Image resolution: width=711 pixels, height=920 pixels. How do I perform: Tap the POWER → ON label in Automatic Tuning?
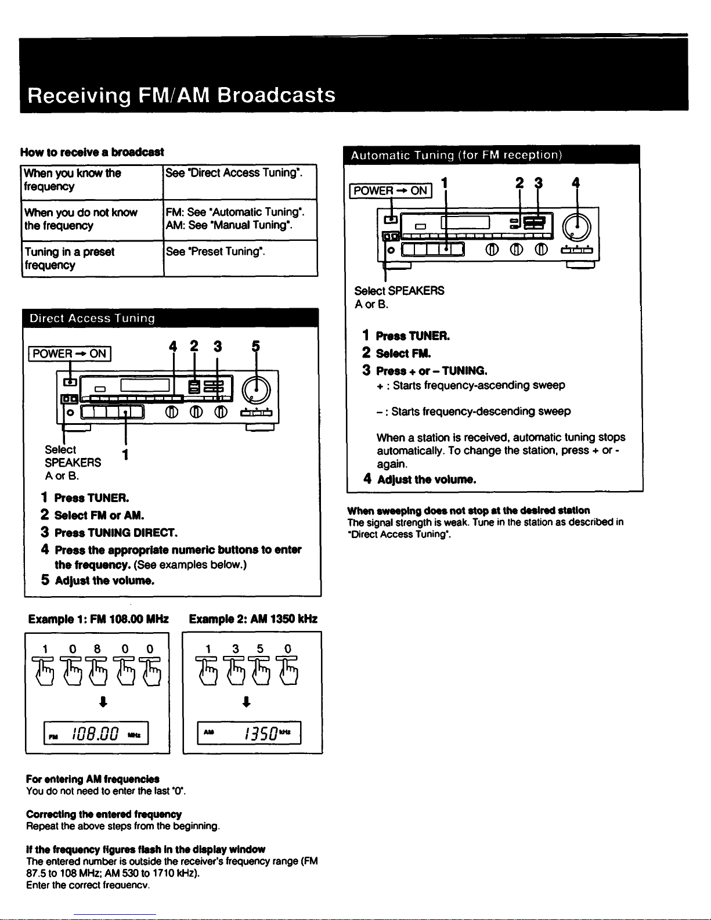tap(390, 190)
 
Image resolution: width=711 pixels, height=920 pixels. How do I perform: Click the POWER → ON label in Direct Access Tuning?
tap(70, 353)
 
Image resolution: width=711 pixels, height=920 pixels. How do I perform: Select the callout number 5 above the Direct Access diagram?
tap(255, 347)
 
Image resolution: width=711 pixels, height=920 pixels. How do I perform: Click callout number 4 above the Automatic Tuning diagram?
tap(576, 183)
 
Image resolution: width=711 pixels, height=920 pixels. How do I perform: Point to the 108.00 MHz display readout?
tap(96, 733)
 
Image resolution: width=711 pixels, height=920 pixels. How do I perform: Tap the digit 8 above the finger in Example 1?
tap(98, 648)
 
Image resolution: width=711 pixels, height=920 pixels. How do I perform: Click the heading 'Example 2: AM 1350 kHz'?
tap(253, 619)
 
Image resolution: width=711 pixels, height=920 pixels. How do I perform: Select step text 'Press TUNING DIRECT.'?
tap(116, 533)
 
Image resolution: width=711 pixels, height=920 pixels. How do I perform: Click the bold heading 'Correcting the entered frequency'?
tap(104, 814)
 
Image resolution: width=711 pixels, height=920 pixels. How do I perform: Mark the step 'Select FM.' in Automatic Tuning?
tap(403, 353)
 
